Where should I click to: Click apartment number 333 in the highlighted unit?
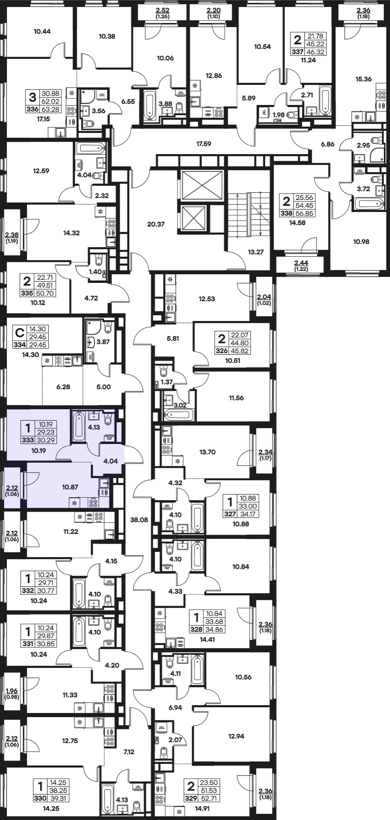tap(27, 440)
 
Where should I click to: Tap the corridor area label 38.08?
tap(139, 520)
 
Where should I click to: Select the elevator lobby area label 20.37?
tap(156, 224)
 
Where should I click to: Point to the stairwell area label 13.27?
tap(256, 252)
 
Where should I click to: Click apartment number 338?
tap(286, 213)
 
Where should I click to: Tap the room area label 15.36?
tap(364, 79)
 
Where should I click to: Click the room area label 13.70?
tap(207, 452)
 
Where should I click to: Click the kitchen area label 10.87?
tap(70, 487)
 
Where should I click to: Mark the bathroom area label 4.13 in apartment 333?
tap(94, 427)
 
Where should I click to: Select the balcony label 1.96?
tap(12, 691)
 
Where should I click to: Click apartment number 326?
tap(222, 351)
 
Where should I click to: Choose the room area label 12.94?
tap(236, 736)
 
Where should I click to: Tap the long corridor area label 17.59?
tap(204, 144)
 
